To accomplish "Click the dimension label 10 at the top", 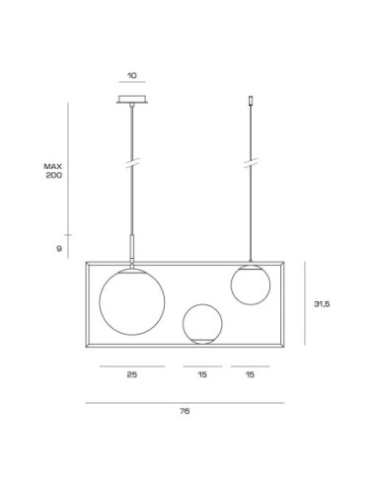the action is click(132, 75).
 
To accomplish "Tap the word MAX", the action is click(53, 166).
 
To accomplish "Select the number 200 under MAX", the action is click(54, 175).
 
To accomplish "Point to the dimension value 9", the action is click(59, 249).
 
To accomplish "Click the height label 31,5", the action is click(322, 304).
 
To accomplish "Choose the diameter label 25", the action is click(132, 374).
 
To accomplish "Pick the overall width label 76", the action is click(185, 411).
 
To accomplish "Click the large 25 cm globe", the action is click(100, 302).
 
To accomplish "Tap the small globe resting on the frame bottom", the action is click(183, 324).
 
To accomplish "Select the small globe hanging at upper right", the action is click(231, 285).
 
